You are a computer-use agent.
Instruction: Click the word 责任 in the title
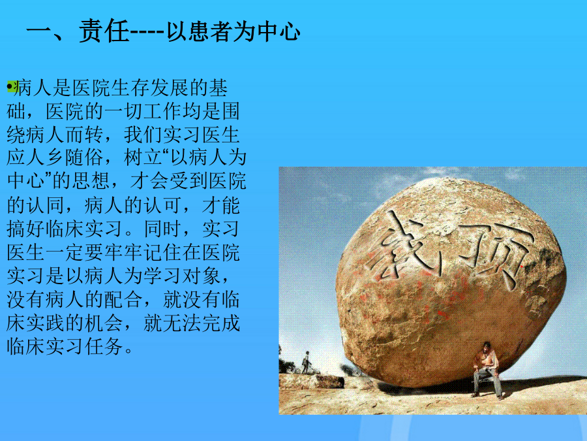(x=104, y=31)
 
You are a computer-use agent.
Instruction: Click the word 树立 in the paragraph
(x=143, y=158)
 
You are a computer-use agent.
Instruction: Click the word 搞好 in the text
(x=26, y=229)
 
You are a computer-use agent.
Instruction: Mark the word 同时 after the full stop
(x=163, y=229)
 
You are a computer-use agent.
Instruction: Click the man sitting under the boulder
(x=487, y=370)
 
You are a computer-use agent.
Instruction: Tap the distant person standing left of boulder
(x=307, y=362)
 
